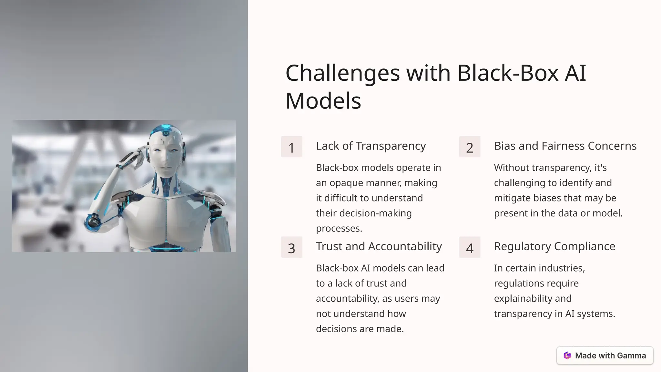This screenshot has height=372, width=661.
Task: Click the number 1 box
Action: tap(291, 147)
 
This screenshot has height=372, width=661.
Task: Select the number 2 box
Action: tap(470, 147)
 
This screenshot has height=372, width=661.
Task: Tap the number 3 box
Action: tap(291, 247)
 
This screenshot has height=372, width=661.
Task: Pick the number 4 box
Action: tap(470, 247)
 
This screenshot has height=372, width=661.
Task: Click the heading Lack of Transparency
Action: tap(371, 146)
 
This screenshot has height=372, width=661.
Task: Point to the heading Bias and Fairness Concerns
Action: tap(565, 146)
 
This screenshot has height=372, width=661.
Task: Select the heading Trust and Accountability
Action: tap(379, 246)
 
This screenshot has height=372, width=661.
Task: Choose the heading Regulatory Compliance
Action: tap(554, 246)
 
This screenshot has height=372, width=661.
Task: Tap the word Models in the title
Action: tap(323, 101)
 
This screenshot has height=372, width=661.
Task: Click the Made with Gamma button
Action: tap(605, 356)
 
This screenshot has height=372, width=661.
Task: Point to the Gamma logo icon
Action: tap(567, 356)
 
